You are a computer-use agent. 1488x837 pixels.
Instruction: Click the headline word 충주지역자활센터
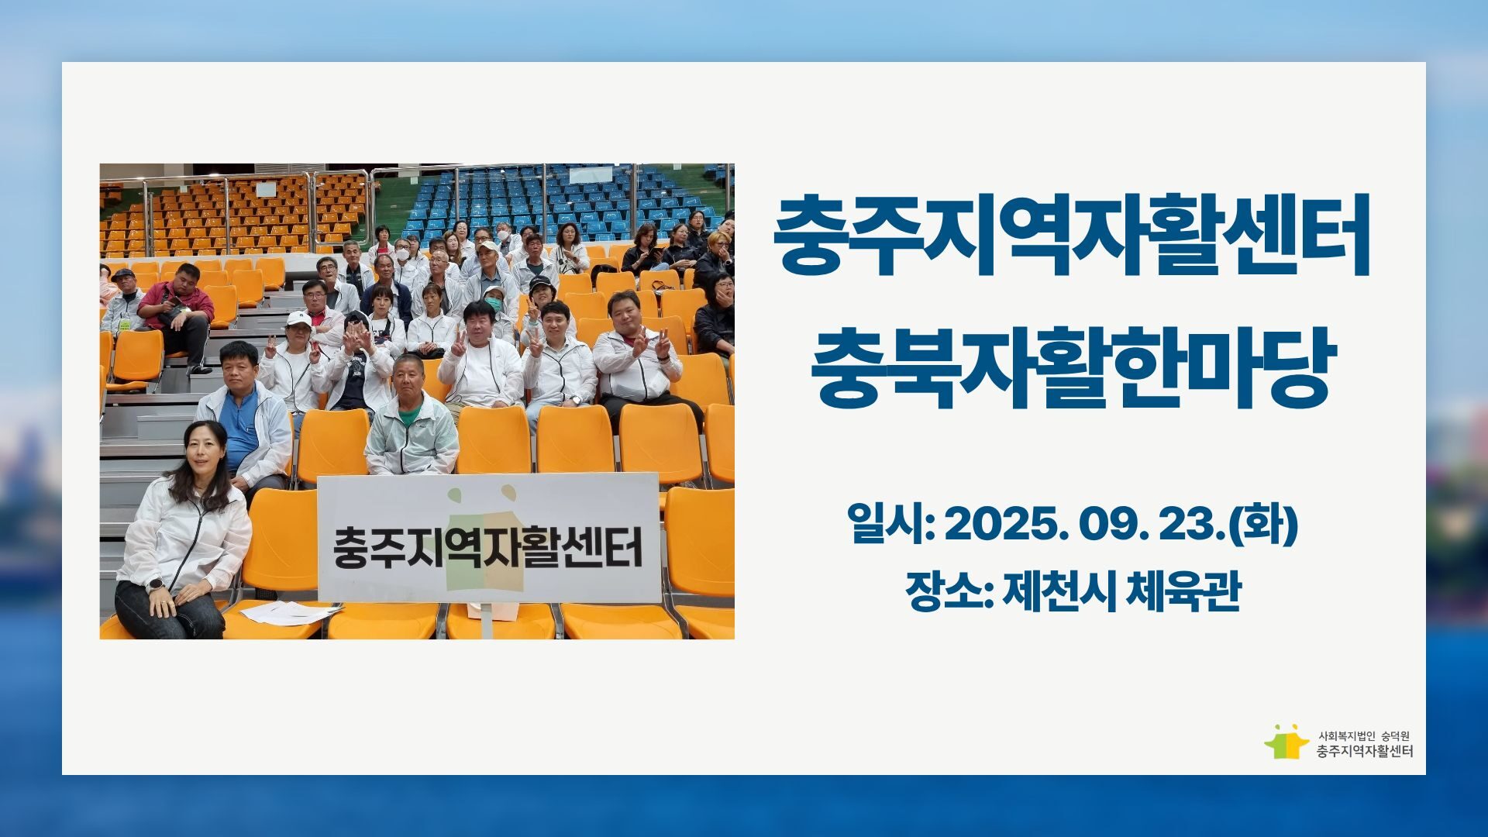[1073, 237]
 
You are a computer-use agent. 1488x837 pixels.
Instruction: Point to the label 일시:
[891, 525]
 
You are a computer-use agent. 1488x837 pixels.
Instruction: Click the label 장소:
[949, 591]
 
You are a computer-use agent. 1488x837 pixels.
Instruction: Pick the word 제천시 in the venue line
[1059, 591]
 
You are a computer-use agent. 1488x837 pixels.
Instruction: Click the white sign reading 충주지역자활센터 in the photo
[488, 538]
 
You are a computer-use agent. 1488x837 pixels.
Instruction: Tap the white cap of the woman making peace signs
[298, 319]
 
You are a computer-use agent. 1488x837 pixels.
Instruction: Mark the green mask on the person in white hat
[493, 298]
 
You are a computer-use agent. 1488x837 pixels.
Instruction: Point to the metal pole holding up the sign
[488, 620]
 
